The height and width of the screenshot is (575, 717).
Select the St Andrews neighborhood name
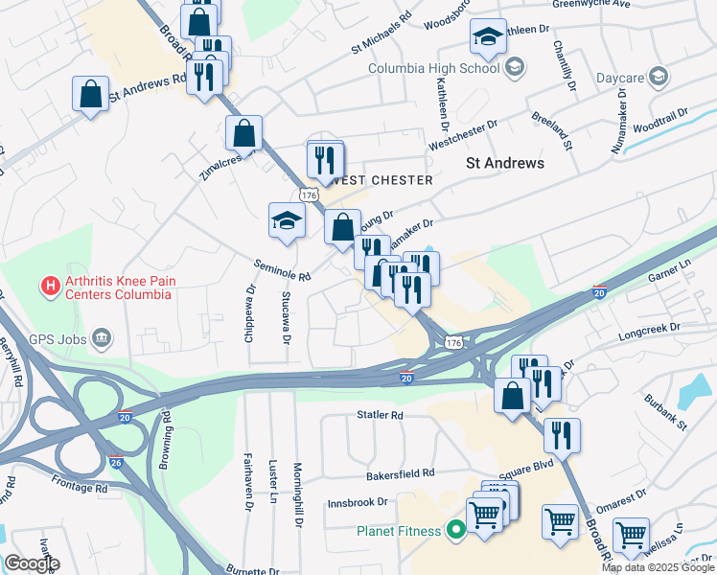click(505, 163)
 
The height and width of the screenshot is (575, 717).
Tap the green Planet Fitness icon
click(456, 530)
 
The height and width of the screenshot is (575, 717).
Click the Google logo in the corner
click(31, 563)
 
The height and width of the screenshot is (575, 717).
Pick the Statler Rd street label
click(380, 416)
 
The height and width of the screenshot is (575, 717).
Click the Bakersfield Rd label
click(401, 473)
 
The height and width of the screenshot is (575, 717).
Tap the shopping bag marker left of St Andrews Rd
click(90, 94)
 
